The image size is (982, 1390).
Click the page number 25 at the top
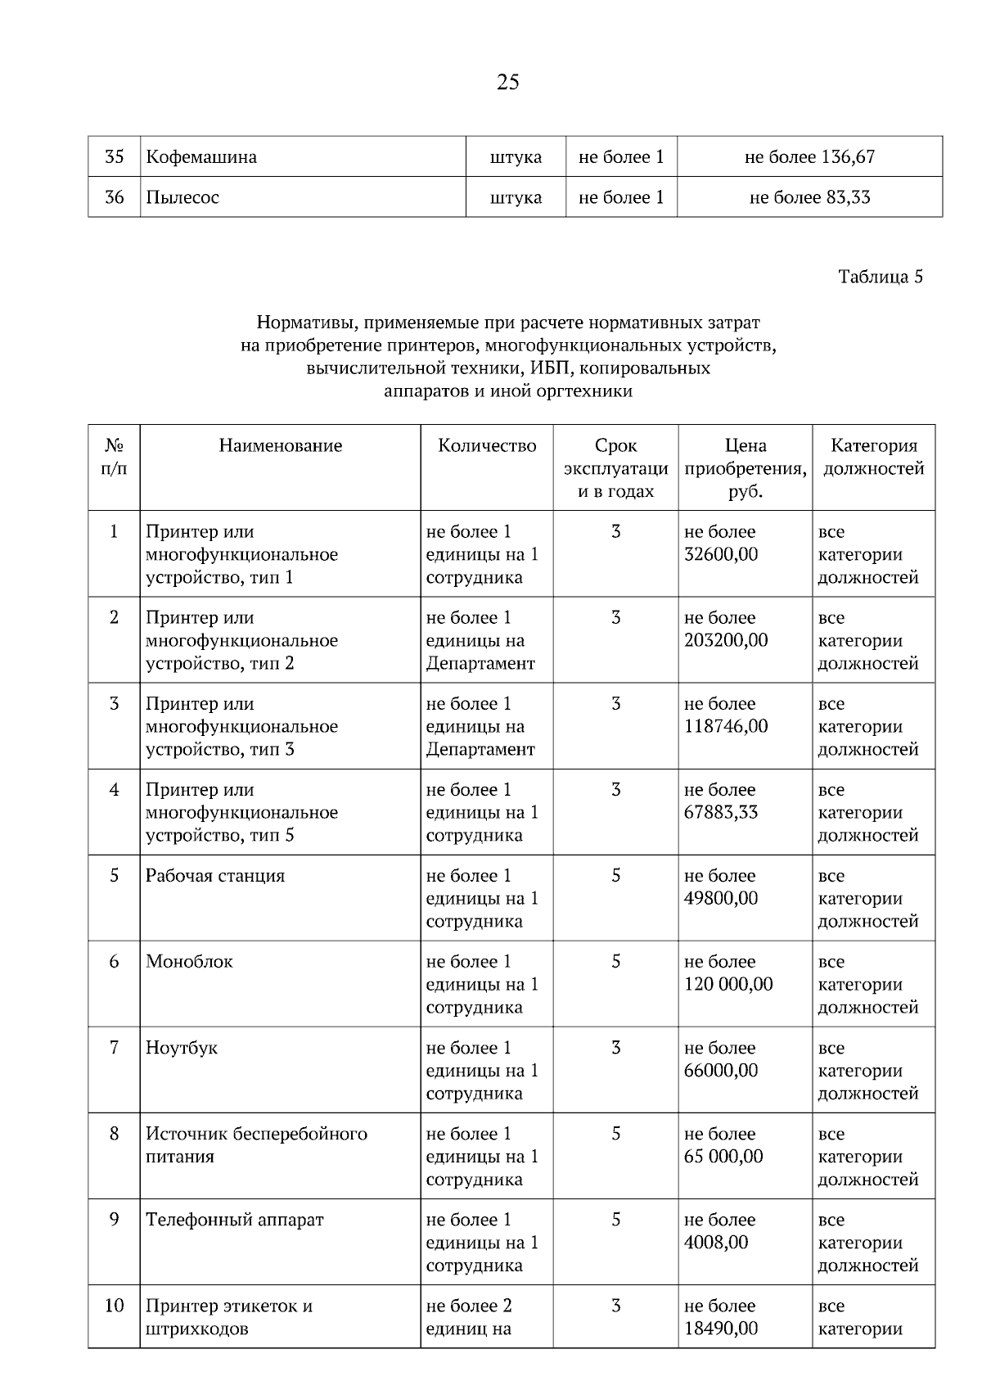tap(507, 83)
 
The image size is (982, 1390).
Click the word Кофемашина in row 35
tap(201, 157)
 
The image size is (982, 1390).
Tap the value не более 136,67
tap(809, 157)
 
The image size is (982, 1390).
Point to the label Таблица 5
tap(881, 277)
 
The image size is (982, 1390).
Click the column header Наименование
tap(280, 446)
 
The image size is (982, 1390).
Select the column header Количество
tap(487, 446)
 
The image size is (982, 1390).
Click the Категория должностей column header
tap(873, 458)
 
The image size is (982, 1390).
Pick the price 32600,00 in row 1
tap(721, 555)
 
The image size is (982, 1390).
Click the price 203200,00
tap(726, 641)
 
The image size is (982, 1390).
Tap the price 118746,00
tap(726, 727)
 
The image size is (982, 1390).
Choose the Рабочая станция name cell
tap(215, 876)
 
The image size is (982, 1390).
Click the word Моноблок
tap(189, 962)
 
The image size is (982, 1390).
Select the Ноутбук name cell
tap(182, 1048)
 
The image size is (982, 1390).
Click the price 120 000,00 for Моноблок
tap(728, 985)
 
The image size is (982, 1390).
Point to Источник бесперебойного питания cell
tap(256, 1145)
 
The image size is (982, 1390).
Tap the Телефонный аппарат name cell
tap(235, 1220)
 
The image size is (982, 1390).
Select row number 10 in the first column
tap(115, 1306)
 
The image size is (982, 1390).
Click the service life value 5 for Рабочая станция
tap(615, 876)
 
